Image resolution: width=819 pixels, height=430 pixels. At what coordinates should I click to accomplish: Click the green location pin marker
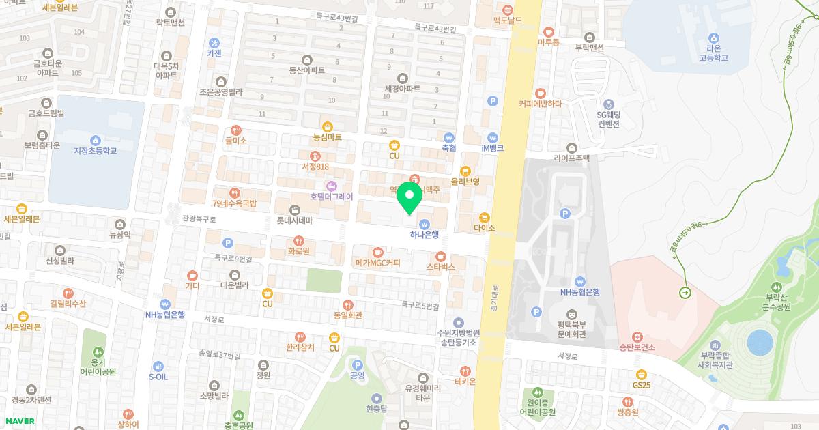click(x=409, y=197)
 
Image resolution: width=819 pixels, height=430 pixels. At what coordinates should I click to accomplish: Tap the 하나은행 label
click(x=424, y=235)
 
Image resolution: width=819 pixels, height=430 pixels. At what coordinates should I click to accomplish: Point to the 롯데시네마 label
click(x=294, y=220)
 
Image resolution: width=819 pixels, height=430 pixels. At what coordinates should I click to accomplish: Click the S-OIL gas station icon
click(x=158, y=367)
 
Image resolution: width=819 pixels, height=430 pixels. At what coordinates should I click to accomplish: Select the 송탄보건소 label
click(x=637, y=347)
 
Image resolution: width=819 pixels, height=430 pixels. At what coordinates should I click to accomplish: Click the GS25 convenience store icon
click(x=641, y=374)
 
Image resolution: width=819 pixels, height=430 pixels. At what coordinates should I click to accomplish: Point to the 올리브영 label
click(x=465, y=182)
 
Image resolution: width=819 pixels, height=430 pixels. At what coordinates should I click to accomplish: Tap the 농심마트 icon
click(x=328, y=126)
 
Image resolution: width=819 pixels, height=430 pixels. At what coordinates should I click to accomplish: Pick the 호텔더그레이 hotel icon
click(x=332, y=186)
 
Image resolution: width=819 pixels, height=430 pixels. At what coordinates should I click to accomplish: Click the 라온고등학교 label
click(x=714, y=53)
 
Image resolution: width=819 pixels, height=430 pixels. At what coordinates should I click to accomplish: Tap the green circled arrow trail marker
click(x=685, y=293)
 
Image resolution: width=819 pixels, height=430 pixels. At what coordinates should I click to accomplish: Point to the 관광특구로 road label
click(x=199, y=220)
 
